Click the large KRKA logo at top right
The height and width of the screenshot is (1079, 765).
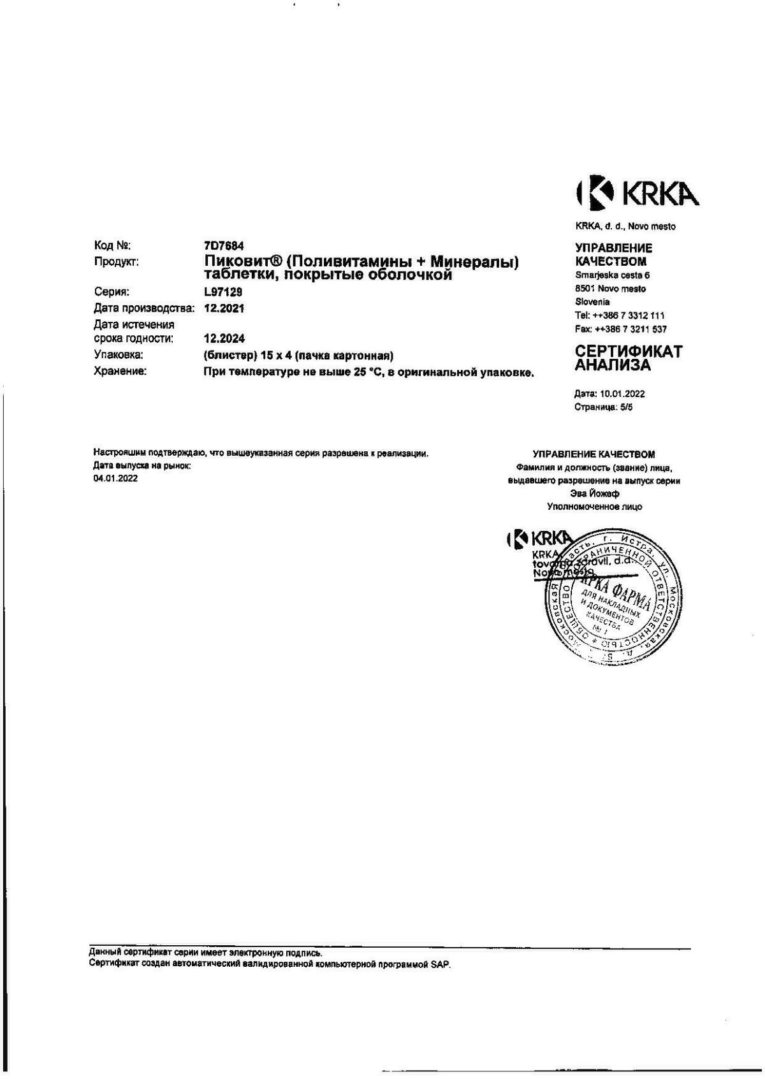(x=637, y=194)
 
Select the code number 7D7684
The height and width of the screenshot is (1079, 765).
(x=224, y=245)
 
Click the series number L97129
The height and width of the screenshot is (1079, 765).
(x=223, y=292)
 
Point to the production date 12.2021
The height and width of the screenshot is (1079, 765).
(x=224, y=308)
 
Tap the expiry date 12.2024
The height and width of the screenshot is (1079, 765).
(x=224, y=338)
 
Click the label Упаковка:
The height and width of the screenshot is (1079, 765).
(x=119, y=355)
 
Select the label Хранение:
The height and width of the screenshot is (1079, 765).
(x=120, y=371)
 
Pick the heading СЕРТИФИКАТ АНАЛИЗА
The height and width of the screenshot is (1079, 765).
(x=628, y=358)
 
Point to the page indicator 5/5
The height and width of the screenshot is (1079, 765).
(x=627, y=407)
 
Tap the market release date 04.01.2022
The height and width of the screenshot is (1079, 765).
(x=115, y=479)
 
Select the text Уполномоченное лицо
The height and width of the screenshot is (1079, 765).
(x=594, y=507)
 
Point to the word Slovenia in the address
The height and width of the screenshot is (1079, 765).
(x=592, y=302)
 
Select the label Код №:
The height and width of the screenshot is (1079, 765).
(x=112, y=245)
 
